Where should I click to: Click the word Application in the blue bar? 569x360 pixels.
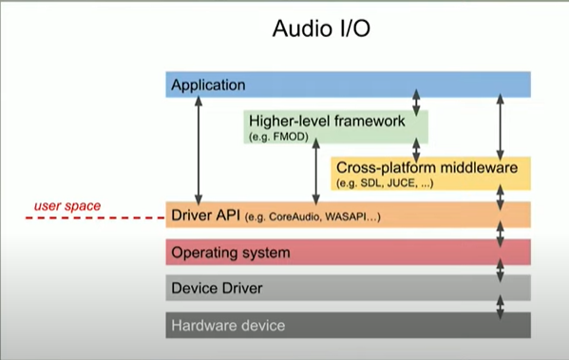coord(208,85)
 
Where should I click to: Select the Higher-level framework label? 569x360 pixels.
coord(326,121)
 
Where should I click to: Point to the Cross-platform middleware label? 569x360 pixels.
coord(427,167)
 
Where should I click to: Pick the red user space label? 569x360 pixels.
coord(67,205)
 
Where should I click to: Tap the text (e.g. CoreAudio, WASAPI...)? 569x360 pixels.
coord(313,218)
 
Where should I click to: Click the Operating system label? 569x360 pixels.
coord(230,254)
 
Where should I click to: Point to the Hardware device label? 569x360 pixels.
coord(227,325)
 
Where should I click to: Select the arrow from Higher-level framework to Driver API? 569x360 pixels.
coord(315,173)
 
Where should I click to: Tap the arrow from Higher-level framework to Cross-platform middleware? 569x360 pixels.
coord(415,150)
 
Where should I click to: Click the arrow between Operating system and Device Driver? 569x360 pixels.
coord(500,270)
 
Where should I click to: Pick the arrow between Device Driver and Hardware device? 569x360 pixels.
coord(500,306)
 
